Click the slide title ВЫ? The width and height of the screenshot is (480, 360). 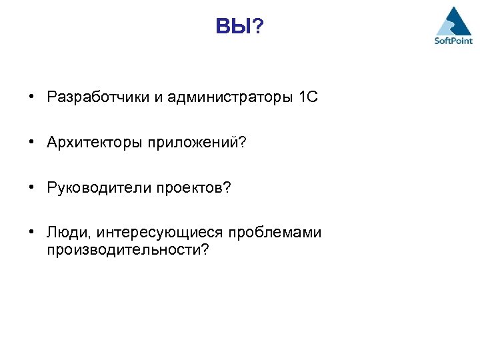click(240, 27)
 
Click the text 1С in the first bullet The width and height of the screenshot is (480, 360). click(309, 98)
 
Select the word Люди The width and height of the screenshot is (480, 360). click(69, 233)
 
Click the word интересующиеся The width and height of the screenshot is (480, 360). click(160, 233)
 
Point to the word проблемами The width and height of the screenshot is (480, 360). click(275, 233)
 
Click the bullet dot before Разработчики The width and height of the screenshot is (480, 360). click(32, 98)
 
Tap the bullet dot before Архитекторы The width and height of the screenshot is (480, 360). click(32, 143)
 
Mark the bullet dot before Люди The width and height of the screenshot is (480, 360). click(32, 233)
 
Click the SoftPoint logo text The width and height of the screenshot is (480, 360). click(453, 40)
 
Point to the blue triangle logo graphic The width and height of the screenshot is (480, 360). click(453, 20)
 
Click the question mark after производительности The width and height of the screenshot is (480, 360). click(205, 249)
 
